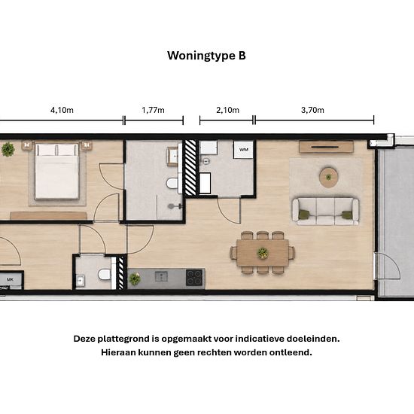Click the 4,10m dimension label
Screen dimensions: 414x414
pyautogui.click(x=62, y=110)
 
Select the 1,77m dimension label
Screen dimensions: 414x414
pyautogui.click(x=153, y=110)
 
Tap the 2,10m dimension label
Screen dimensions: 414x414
pyautogui.click(x=227, y=110)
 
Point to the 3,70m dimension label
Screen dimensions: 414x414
pyautogui.click(x=312, y=110)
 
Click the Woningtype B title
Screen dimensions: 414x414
pyautogui.click(x=206, y=56)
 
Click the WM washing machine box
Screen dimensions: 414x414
pyautogui.click(x=243, y=150)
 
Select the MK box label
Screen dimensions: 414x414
pyautogui.click(x=10, y=279)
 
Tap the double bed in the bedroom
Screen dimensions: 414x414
pyautogui.click(x=56, y=171)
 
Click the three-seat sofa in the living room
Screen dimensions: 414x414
pyautogui.click(x=325, y=212)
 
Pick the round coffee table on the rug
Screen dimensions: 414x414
pyautogui.click(x=328, y=177)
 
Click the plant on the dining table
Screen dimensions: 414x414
pyautogui.click(x=263, y=253)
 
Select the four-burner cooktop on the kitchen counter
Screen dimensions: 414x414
pyautogui.click(x=195, y=278)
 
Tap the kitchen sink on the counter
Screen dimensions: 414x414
pyautogui.click(x=161, y=277)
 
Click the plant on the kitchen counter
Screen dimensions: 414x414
pyautogui.click(x=135, y=279)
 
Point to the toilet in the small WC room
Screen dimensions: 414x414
pyautogui.click(x=105, y=275)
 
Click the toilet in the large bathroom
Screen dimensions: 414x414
pyautogui.click(x=172, y=183)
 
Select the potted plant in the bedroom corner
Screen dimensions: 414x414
pyautogui.click(x=8, y=150)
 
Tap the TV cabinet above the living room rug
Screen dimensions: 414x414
pyautogui.click(x=326, y=147)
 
